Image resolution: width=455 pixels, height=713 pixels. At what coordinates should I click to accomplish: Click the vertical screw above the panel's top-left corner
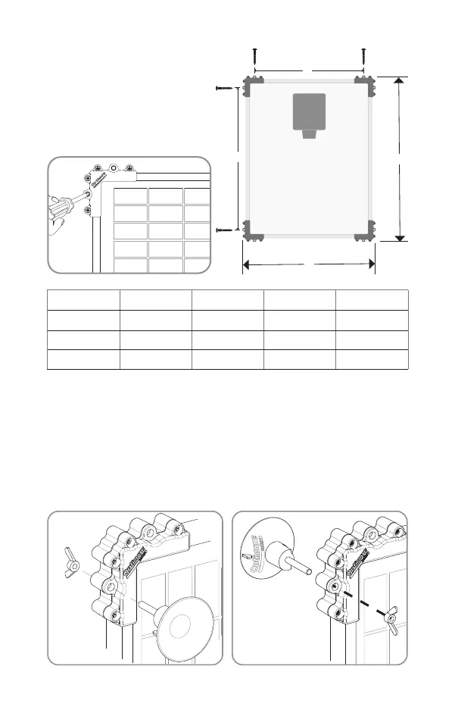click(x=255, y=56)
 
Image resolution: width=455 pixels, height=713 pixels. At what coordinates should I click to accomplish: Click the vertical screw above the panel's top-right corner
click(x=363, y=56)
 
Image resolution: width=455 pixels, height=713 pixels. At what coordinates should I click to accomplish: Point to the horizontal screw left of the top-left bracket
click(x=226, y=89)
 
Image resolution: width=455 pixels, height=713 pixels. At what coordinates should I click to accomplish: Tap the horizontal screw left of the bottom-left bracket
click(x=226, y=228)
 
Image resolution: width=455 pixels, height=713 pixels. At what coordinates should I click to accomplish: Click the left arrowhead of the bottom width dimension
click(x=246, y=264)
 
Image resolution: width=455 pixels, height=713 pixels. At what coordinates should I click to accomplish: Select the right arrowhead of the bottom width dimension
click(x=371, y=264)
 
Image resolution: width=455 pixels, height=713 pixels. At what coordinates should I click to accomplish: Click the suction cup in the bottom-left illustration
click(x=181, y=624)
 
